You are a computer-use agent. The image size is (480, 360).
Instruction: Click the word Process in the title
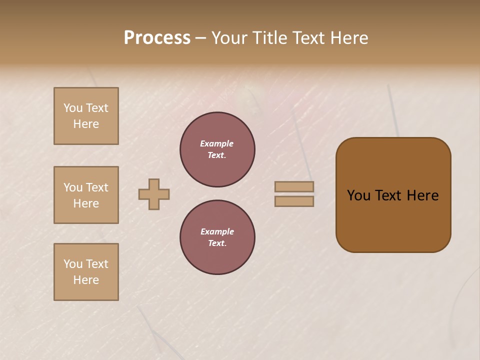click(x=157, y=38)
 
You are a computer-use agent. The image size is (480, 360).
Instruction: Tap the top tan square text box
click(x=86, y=116)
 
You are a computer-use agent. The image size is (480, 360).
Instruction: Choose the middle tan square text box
click(x=86, y=195)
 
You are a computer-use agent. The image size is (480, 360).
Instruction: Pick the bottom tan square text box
click(x=86, y=272)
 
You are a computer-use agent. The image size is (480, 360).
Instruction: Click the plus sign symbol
click(x=154, y=194)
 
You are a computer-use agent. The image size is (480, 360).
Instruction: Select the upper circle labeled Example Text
click(x=217, y=149)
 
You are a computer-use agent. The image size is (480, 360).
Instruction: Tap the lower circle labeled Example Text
click(x=217, y=237)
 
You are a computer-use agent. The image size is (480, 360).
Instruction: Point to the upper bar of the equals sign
click(x=294, y=186)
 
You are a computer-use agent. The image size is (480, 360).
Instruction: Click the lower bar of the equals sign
click(x=294, y=201)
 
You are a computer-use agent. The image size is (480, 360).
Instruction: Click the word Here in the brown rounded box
click(x=422, y=195)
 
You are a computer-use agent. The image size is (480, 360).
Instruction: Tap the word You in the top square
click(x=73, y=108)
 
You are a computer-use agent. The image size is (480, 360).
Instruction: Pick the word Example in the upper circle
click(x=216, y=143)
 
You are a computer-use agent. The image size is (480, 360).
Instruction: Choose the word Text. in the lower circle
click(x=217, y=243)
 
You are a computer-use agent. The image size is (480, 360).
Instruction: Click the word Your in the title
click(x=229, y=38)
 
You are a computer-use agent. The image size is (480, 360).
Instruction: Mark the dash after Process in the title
click(x=200, y=38)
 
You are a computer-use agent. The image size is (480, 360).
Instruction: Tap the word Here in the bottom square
click(x=86, y=280)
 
